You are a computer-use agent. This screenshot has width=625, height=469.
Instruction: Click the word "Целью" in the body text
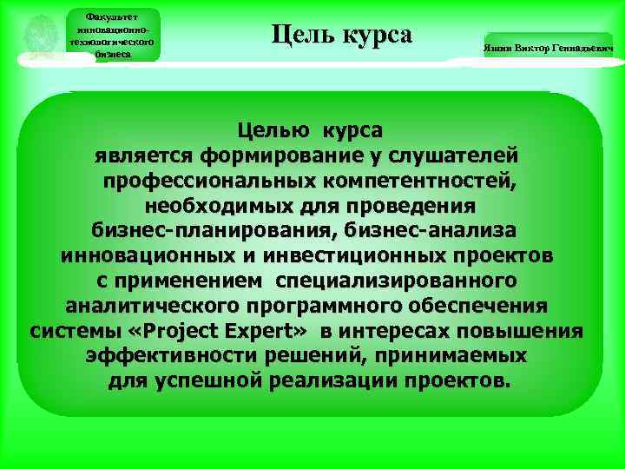[x=277, y=130]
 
